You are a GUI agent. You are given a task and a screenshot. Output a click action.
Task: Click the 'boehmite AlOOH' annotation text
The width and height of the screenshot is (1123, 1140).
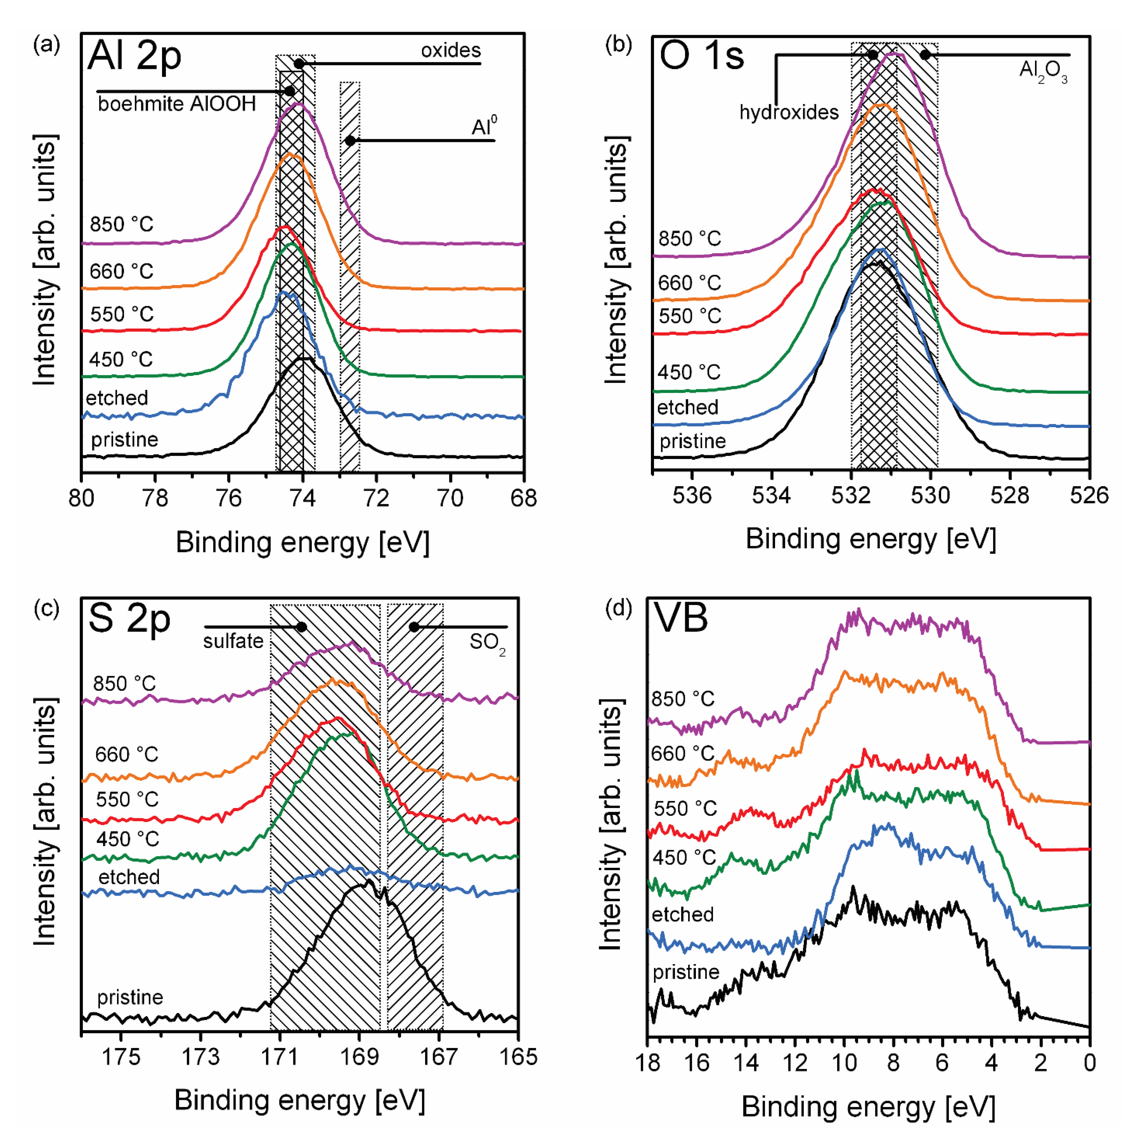tap(177, 104)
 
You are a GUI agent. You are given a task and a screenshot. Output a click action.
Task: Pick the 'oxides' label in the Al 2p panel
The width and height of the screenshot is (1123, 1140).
tap(451, 51)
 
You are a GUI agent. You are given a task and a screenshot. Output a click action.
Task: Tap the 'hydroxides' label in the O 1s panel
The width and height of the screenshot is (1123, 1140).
tap(789, 112)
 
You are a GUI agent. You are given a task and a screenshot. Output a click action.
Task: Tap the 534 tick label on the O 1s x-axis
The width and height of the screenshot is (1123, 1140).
tap(771, 495)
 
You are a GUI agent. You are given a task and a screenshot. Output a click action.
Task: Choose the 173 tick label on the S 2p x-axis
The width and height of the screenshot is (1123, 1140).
tap(200, 1057)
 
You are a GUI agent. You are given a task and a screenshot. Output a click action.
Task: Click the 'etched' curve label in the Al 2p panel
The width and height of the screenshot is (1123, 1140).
tap(117, 398)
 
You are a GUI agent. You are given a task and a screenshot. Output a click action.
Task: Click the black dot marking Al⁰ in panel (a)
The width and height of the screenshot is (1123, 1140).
tap(350, 141)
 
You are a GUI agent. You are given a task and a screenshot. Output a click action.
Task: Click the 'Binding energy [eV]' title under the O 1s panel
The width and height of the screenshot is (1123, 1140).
tap(870, 539)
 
